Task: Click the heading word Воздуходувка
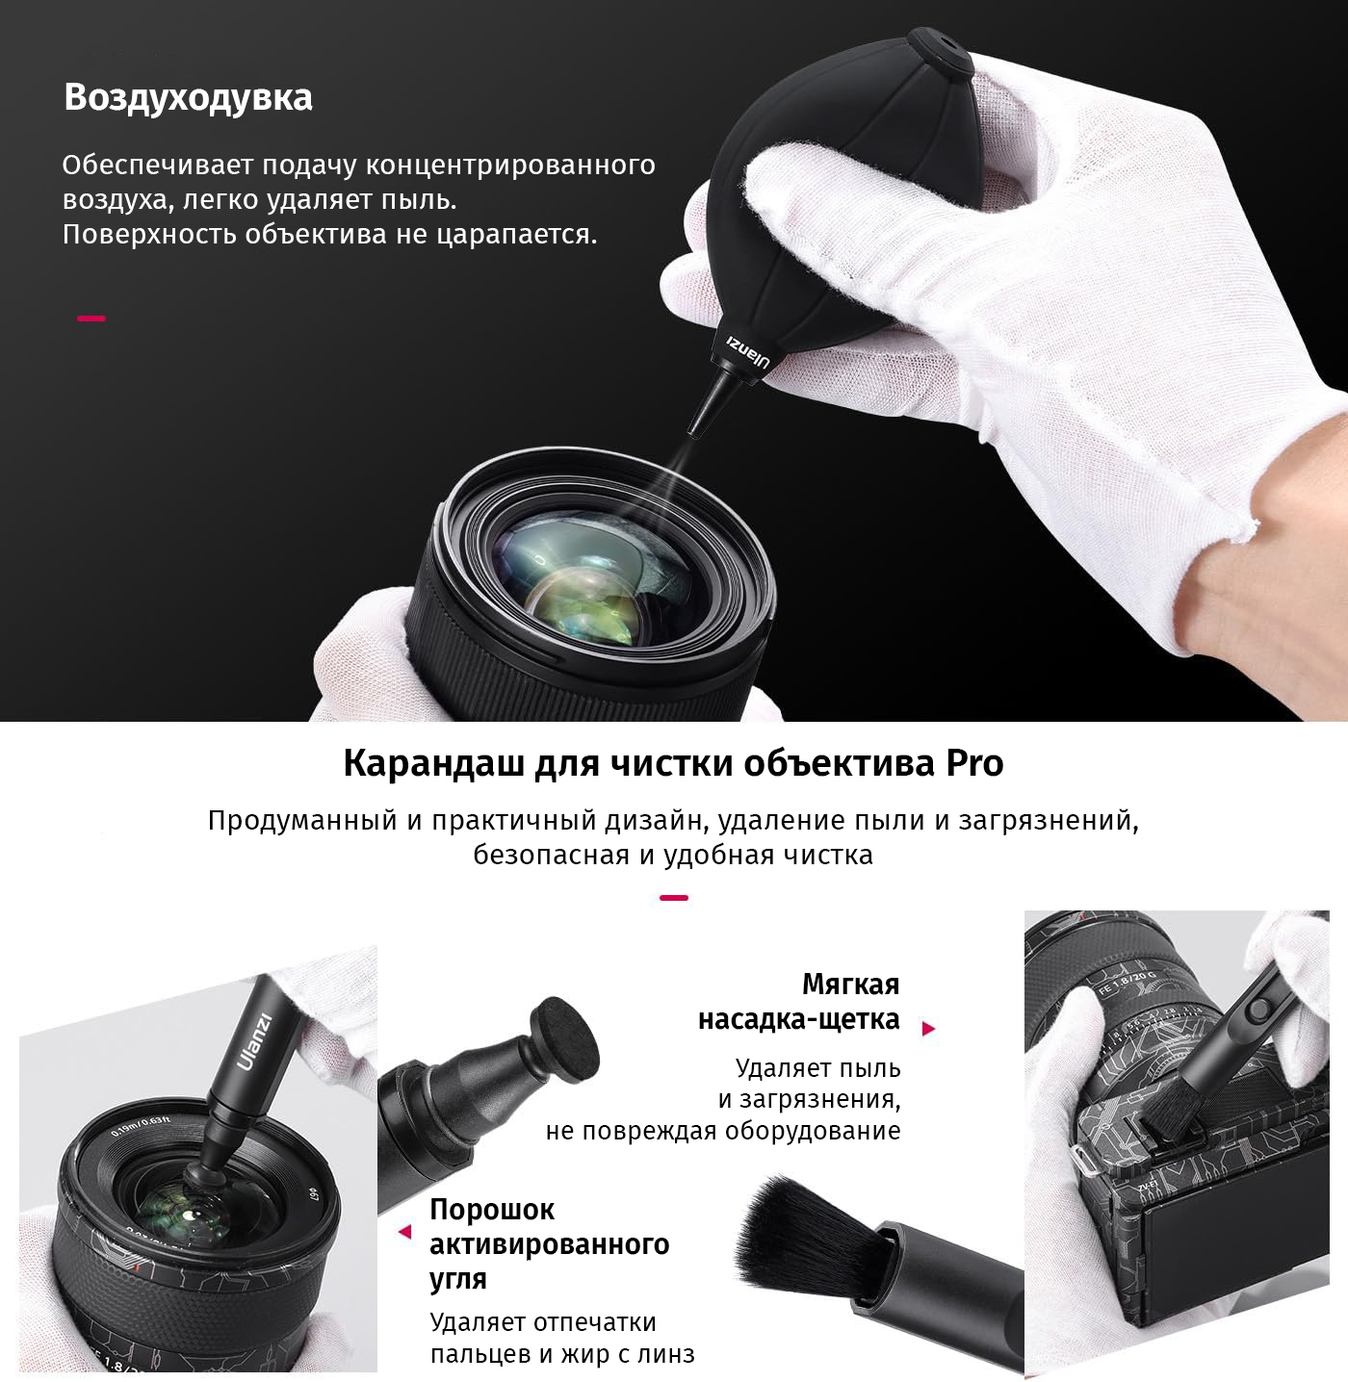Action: (189, 98)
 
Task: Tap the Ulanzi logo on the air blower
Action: (748, 348)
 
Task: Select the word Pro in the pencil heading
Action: (974, 764)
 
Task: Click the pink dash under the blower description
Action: (91, 319)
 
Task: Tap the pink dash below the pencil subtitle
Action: (674, 898)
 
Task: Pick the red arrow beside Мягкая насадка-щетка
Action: (928, 1029)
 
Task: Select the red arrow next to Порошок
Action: (405, 1232)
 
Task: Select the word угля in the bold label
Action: (458, 1279)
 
